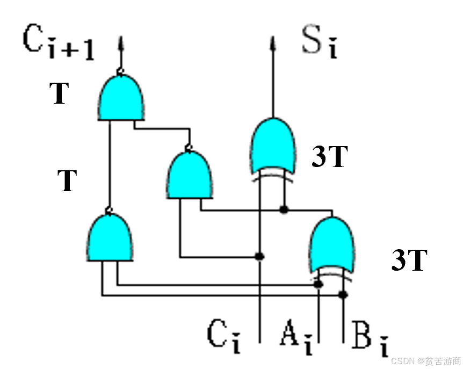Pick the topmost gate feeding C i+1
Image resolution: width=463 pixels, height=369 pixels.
click(122, 98)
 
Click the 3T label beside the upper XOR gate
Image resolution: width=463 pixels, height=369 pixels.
click(330, 157)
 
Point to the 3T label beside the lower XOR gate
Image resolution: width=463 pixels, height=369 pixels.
click(409, 261)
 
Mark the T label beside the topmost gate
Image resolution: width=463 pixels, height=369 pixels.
click(60, 93)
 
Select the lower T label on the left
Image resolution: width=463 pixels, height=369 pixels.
click(67, 180)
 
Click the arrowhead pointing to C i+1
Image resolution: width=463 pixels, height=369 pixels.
click(121, 41)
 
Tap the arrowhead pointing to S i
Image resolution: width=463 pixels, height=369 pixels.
click(273, 41)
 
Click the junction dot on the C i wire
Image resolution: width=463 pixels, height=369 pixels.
click(260, 256)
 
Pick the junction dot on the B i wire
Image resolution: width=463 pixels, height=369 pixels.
click(344, 294)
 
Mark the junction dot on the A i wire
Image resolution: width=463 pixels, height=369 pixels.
click(319, 284)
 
